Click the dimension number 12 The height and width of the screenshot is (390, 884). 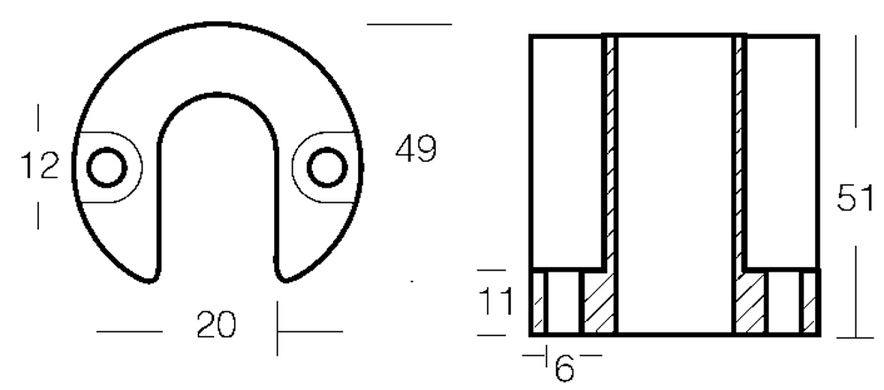(x=40, y=166)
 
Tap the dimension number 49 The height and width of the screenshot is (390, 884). (x=416, y=149)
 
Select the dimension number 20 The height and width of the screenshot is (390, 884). (x=216, y=325)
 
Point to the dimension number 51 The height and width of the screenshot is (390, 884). (x=854, y=198)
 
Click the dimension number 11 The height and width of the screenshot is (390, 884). (x=496, y=302)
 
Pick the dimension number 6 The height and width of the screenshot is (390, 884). (x=564, y=368)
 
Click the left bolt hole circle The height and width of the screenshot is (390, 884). (x=107, y=167)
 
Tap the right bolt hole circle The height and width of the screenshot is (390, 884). (x=327, y=167)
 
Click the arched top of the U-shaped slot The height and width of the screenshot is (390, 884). (x=217, y=95)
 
